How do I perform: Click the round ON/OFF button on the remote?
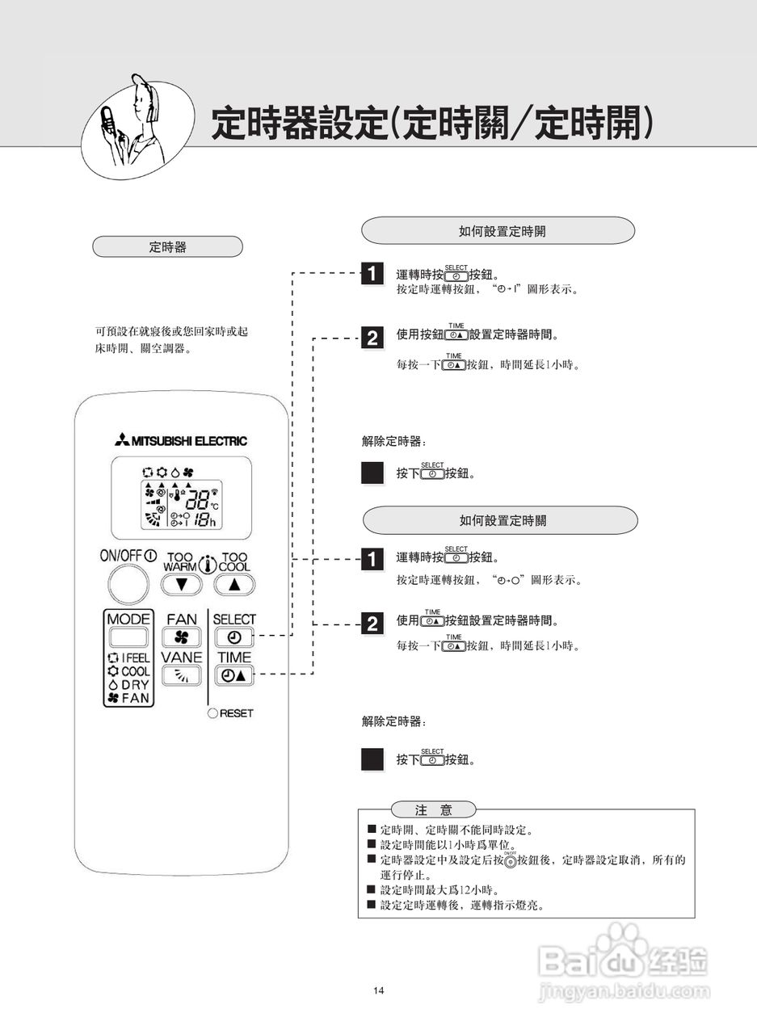point(127,584)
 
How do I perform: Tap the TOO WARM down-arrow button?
point(181,584)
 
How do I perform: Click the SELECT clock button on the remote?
point(233,637)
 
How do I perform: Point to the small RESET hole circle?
point(213,713)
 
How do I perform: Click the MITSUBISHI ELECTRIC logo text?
point(181,441)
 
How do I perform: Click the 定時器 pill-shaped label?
point(168,247)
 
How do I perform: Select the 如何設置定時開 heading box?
point(497,231)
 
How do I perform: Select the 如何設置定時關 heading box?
point(500,520)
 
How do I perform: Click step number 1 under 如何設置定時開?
point(372,273)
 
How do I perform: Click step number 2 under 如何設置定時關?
point(372,623)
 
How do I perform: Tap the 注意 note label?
point(433,809)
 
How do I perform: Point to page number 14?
point(379,990)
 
